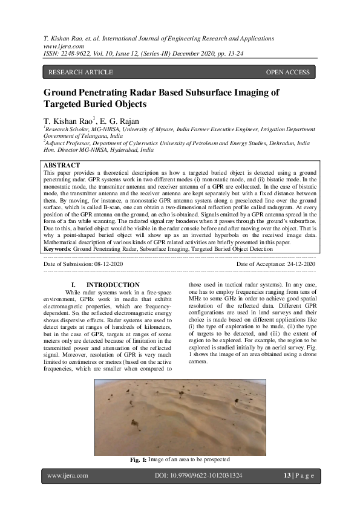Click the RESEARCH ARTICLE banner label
80,73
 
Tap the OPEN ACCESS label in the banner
287,73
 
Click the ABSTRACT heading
62,165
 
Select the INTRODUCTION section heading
113,285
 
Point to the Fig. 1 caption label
139,460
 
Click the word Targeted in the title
64,104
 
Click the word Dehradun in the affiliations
282,144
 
